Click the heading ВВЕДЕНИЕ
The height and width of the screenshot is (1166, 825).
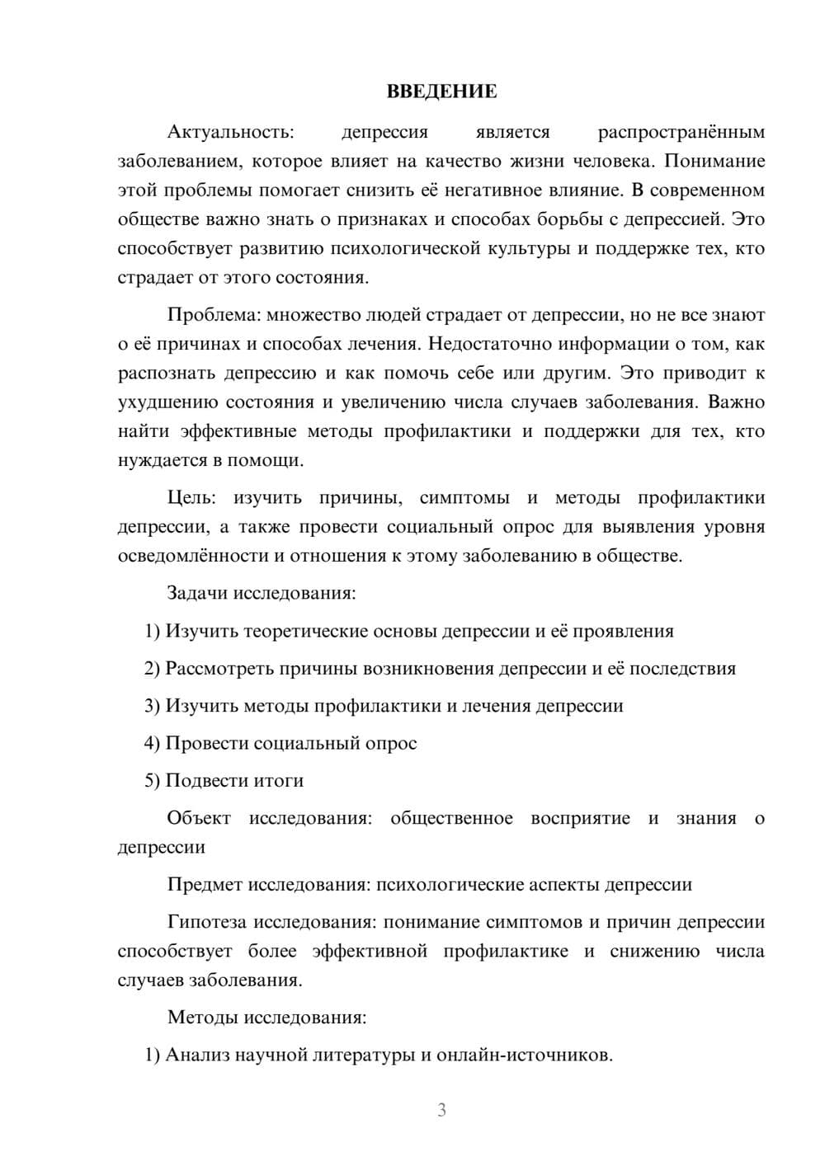tap(441, 92)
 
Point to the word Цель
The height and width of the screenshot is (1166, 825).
tap(191, 498)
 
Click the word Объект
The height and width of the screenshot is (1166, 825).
tap(199, 818)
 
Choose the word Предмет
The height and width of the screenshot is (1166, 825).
tap(205, 885)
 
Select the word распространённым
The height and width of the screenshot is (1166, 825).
tap(681, 132)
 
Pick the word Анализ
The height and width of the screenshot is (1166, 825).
tap(197, 1055)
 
